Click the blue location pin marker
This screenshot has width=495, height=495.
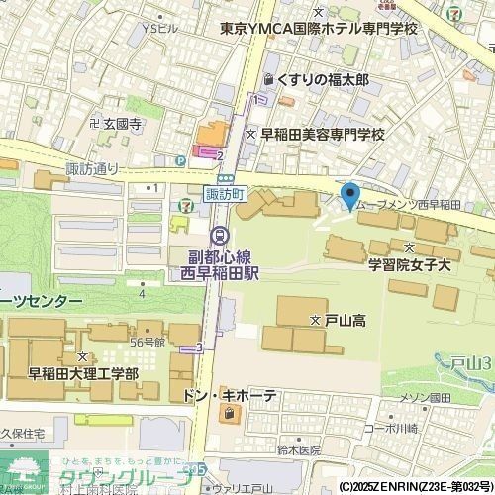pos(349,195)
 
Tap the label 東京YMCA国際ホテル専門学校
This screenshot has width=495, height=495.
pos(320,30)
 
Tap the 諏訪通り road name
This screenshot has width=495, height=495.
pos(91,168)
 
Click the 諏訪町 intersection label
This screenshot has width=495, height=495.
pos(223,195)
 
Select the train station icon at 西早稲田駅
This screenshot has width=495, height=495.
pos(219,235)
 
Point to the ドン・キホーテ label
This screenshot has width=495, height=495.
pos(231,397)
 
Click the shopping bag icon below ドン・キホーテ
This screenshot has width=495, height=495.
pos(231,416)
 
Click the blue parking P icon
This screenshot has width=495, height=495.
pos(180,161)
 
